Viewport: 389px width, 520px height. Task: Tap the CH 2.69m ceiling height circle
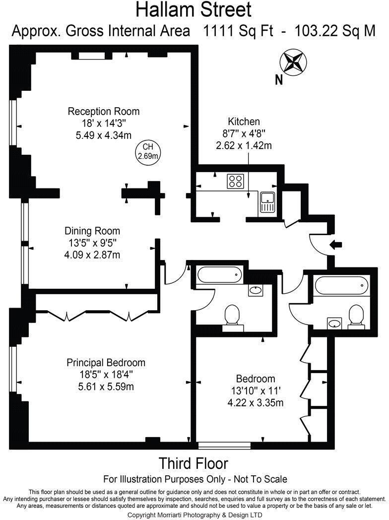click(x=148, y=151)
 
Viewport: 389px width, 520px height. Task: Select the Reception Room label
click(x=103, y=111)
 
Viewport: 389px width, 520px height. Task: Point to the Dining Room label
click(x=92, y=231)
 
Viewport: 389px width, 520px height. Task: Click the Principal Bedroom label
click(x=106, y=363)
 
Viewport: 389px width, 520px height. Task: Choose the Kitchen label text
click(x=244, y=122)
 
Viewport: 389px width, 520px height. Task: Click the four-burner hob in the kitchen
click(x=235, y=181)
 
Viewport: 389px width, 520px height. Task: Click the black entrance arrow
click(x=335, y=244)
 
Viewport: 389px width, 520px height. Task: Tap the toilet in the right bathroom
click(x=356, y=317)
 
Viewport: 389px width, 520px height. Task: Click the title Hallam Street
click(x=194, y=9)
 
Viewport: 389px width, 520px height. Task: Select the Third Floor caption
click(x=194, y=463)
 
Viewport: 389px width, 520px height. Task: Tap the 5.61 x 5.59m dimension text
click(x=106, y=387)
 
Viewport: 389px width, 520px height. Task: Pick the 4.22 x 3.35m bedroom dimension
click(x=256, y=403)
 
